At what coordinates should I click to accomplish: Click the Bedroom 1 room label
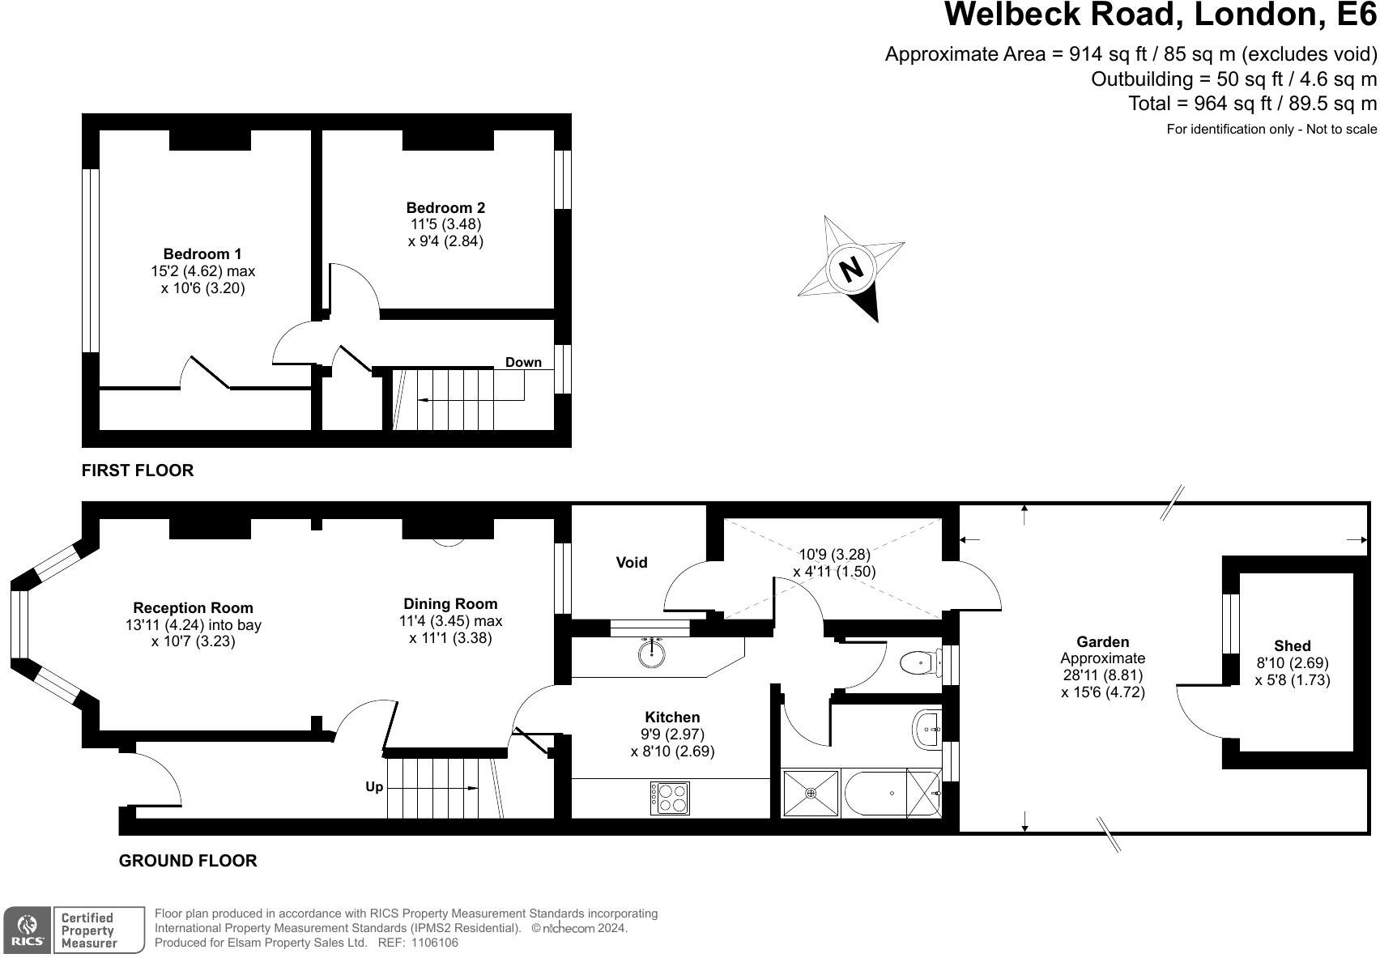pyautogui.click(x=202, y=254)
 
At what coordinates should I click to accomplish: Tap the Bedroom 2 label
pyautogui.click(x=445, y=208)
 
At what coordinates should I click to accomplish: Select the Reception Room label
pyautogui.click(x=193, y=608)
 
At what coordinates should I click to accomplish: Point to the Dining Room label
pyautogui.click(x=450, y=604)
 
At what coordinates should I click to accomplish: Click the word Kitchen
pyautogui.click(x=672, y=717)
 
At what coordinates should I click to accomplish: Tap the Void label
pyautogui.click(x=632, y=563)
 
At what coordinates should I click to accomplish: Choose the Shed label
pyautogui.click(x=1292, y=646)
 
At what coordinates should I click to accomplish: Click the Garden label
pyautogui.click(x=1103, y=642)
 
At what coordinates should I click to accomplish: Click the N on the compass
pyautogui.click(x=850, y=268)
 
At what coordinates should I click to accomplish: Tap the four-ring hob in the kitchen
pyautogui.click(x=670, y=798)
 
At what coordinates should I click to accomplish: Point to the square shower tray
pyautogui.click(x=811, y=794)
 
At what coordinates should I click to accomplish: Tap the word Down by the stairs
pyautogui.click(x=523, y=362)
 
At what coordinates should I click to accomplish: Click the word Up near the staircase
pyautogui.click(x=374, y=787)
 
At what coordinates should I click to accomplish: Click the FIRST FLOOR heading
pyautogui.click(x=138, y=470)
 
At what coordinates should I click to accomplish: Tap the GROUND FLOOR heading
pyautogui.click(x=188, y=861)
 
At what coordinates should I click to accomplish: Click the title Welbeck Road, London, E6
pyautogui.click(x=1161, y=15)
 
